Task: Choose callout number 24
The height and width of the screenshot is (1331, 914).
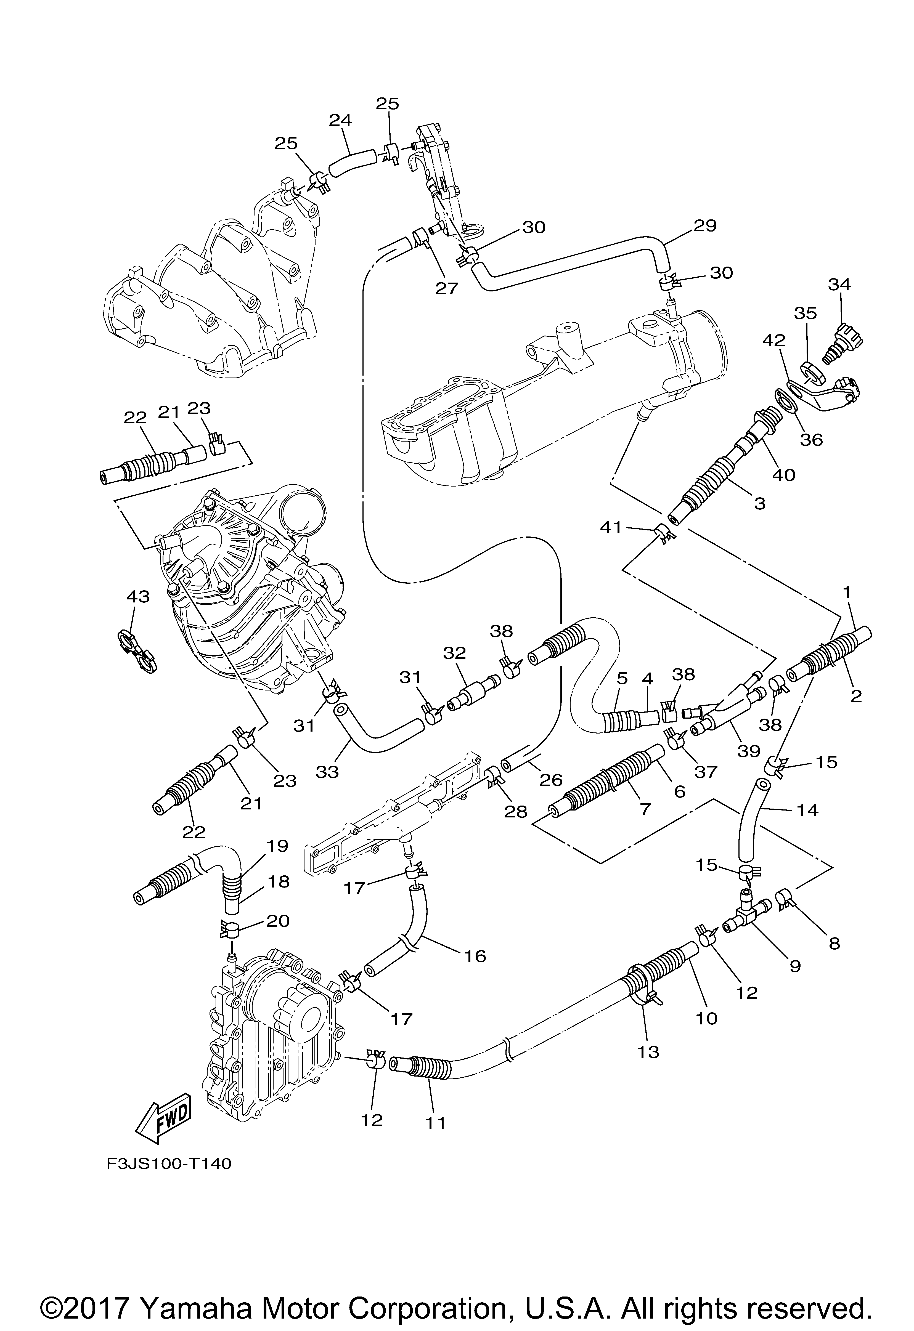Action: (x=340, y=120)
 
